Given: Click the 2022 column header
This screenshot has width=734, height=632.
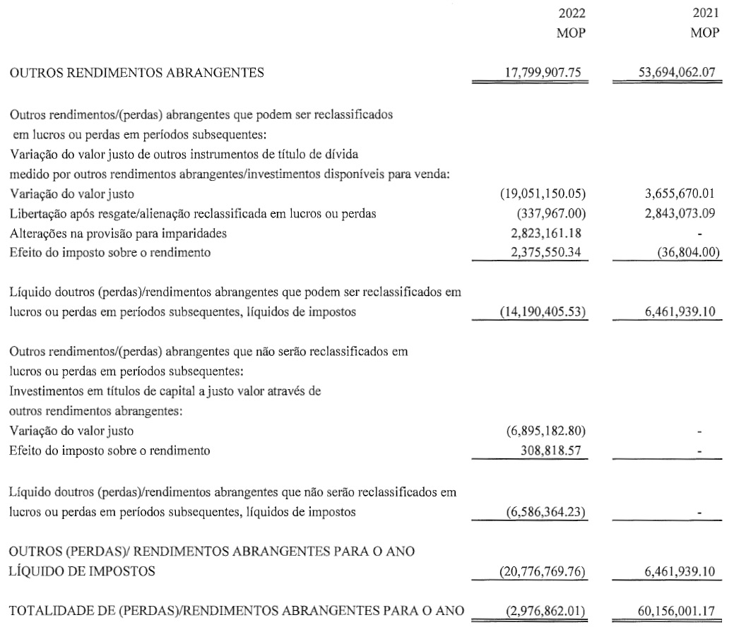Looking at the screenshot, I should tap(572, 13).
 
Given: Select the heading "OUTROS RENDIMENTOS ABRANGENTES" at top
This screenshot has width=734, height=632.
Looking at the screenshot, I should tap(137, 71).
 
